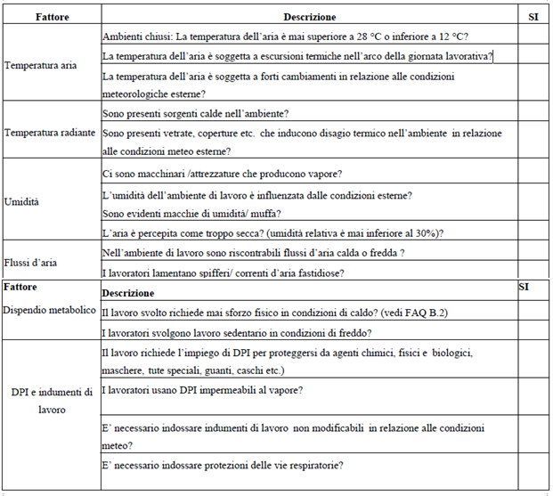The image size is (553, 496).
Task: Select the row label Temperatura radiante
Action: click(x=49, y=133)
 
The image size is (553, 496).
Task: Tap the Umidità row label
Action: click(x=24, y=202)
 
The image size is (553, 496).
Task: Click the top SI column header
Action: click(x=533, y=17)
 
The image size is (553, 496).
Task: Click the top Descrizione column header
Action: click(x=309, y=17)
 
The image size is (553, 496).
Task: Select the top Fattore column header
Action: click(x=53, y=17)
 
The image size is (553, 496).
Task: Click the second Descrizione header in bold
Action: click(x=127, y=293)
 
